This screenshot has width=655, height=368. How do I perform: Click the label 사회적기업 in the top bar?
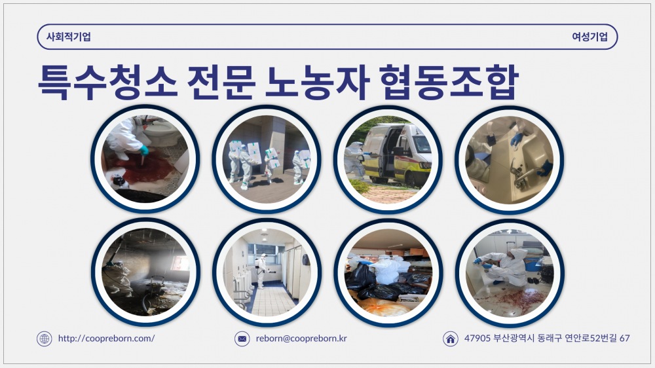point(69,37)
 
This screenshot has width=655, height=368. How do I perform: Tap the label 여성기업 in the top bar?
point(589,37)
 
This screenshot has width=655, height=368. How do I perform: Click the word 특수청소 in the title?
point(107,83)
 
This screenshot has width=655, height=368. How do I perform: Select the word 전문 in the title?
point(221,83)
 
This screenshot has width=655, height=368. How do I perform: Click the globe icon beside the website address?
point(45,339)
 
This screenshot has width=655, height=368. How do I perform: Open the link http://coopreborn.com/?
point(106,339)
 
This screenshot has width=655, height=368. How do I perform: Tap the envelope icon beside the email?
point(242,339)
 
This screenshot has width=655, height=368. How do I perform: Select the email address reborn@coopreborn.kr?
point(301,339)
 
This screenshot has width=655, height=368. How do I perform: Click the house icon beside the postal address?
point(450,339)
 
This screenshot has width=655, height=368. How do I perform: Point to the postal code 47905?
point(477,338)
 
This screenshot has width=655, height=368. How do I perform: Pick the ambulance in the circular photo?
point(396,154)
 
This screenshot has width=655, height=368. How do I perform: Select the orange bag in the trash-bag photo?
point(383,308)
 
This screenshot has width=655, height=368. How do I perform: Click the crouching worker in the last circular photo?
point(503,267)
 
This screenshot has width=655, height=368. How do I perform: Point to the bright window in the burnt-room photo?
point(180,263)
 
